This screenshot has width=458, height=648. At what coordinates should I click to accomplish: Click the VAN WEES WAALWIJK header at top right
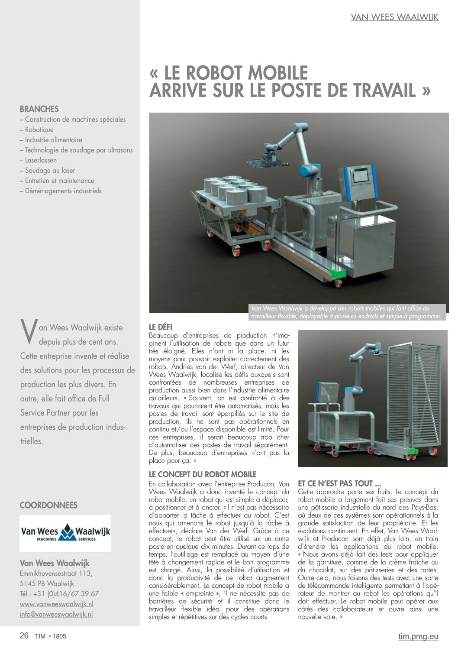394,17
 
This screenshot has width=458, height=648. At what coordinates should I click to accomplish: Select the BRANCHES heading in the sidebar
39,109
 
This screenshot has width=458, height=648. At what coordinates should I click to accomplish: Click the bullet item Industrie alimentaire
53,140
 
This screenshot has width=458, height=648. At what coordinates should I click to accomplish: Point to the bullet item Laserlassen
41,160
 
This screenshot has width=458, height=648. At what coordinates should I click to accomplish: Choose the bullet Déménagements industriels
63,191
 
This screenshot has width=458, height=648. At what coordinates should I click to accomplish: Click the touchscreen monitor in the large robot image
361,177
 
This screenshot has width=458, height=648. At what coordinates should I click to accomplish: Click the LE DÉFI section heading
161,327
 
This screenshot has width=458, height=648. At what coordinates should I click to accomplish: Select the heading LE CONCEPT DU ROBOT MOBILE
203,474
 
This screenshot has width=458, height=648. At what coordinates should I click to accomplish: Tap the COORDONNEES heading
48,505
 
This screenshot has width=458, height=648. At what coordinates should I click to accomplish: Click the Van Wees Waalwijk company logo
65,533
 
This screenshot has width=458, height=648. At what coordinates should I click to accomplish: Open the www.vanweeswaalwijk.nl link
57,604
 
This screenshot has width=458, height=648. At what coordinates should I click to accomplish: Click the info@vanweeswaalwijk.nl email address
56,614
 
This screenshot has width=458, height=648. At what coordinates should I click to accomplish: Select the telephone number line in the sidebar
59,593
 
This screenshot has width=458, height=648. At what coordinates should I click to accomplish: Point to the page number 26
24,635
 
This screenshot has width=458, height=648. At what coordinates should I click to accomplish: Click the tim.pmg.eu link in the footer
418,636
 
